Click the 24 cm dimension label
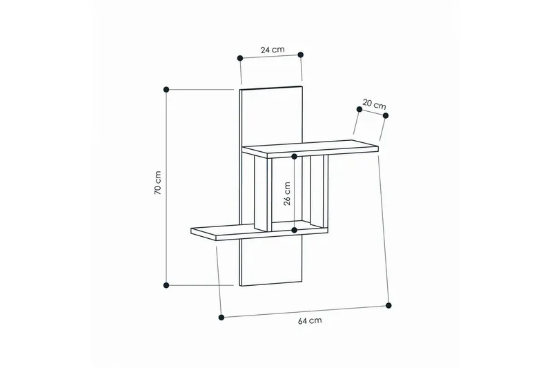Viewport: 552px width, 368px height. coord(273,50)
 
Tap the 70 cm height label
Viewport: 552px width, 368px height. coord(157,183)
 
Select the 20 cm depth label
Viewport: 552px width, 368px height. coord(374,104)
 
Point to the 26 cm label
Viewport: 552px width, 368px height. coord(287,194)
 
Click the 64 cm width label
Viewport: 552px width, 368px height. coord(310,320)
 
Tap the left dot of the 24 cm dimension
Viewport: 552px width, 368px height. coord(240,58)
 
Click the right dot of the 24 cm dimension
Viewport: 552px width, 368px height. coord(300,55)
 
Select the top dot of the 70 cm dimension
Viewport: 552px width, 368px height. coord(166,90)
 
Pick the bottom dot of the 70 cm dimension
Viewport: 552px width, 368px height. coord(166,285)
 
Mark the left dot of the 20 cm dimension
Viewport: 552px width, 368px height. coord(359,109)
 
